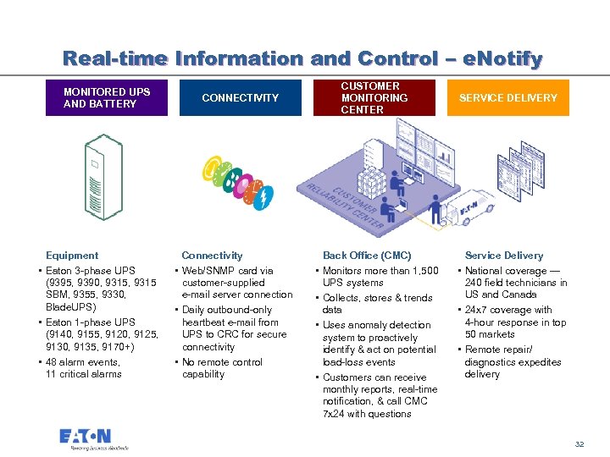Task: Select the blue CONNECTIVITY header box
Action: click(240, 98)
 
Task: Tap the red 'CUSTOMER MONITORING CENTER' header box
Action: click(373, 98)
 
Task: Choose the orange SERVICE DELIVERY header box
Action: click(508, 98)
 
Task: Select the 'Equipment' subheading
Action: click(72, 256)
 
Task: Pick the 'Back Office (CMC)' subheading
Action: click(367, 256)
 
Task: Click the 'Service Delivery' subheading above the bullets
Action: click(504, 256)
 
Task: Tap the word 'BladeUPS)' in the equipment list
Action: click(71, 307)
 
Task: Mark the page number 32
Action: click(579, 444)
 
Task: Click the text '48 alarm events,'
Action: click(83, 362)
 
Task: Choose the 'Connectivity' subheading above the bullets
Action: click(212, 256)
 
